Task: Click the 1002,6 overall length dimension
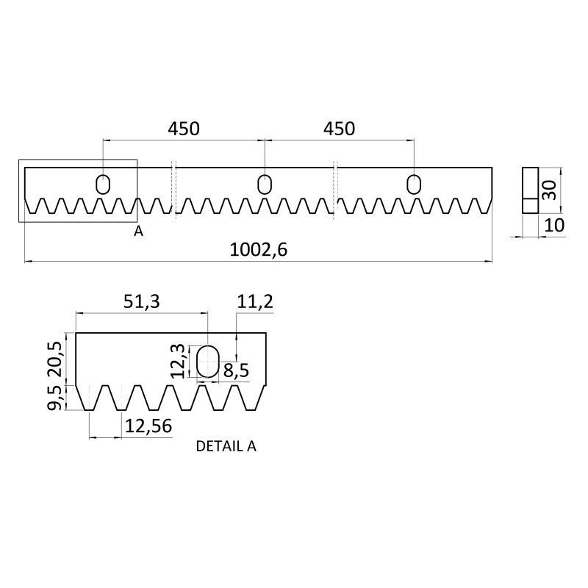coord(258,249)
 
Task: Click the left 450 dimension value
coord(184,129)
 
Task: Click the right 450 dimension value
coord(338,129)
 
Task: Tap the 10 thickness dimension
coord(555,225)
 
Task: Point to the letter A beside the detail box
coord(138,231)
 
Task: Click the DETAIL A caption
coord(226,445)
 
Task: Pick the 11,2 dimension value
coord(255,302)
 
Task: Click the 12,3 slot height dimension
coord(177,361)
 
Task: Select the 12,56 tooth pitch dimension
coord(148,425)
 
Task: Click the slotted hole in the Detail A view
coord(208,362)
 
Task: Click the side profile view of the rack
coord(530,190)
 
